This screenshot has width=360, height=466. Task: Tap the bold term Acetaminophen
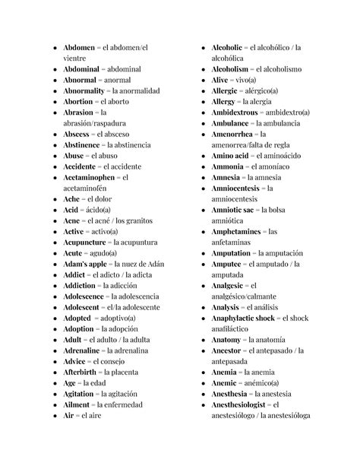click(x=93, y=177)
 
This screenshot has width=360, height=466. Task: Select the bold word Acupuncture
click(x=88, y=243)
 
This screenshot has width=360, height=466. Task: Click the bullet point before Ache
click(x=55, y=199)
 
